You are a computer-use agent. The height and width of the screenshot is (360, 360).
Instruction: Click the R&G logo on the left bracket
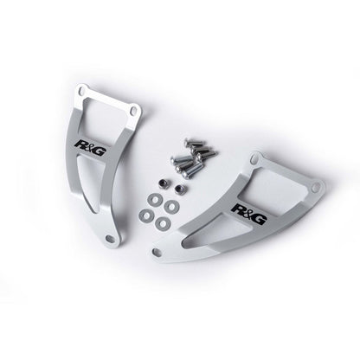90,148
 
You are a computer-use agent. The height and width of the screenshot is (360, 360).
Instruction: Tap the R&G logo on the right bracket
248,214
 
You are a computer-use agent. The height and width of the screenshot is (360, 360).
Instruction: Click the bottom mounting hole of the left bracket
110,238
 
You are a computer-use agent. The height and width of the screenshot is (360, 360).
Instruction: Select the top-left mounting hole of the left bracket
83,92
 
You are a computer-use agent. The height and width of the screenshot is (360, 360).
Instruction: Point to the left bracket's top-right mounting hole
133,111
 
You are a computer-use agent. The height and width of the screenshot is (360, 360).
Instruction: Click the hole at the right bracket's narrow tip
157,251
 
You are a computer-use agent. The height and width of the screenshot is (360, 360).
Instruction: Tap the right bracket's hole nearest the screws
254,159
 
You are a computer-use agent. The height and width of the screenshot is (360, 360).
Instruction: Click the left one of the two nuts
163,183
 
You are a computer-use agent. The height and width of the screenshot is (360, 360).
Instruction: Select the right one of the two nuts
180,188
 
